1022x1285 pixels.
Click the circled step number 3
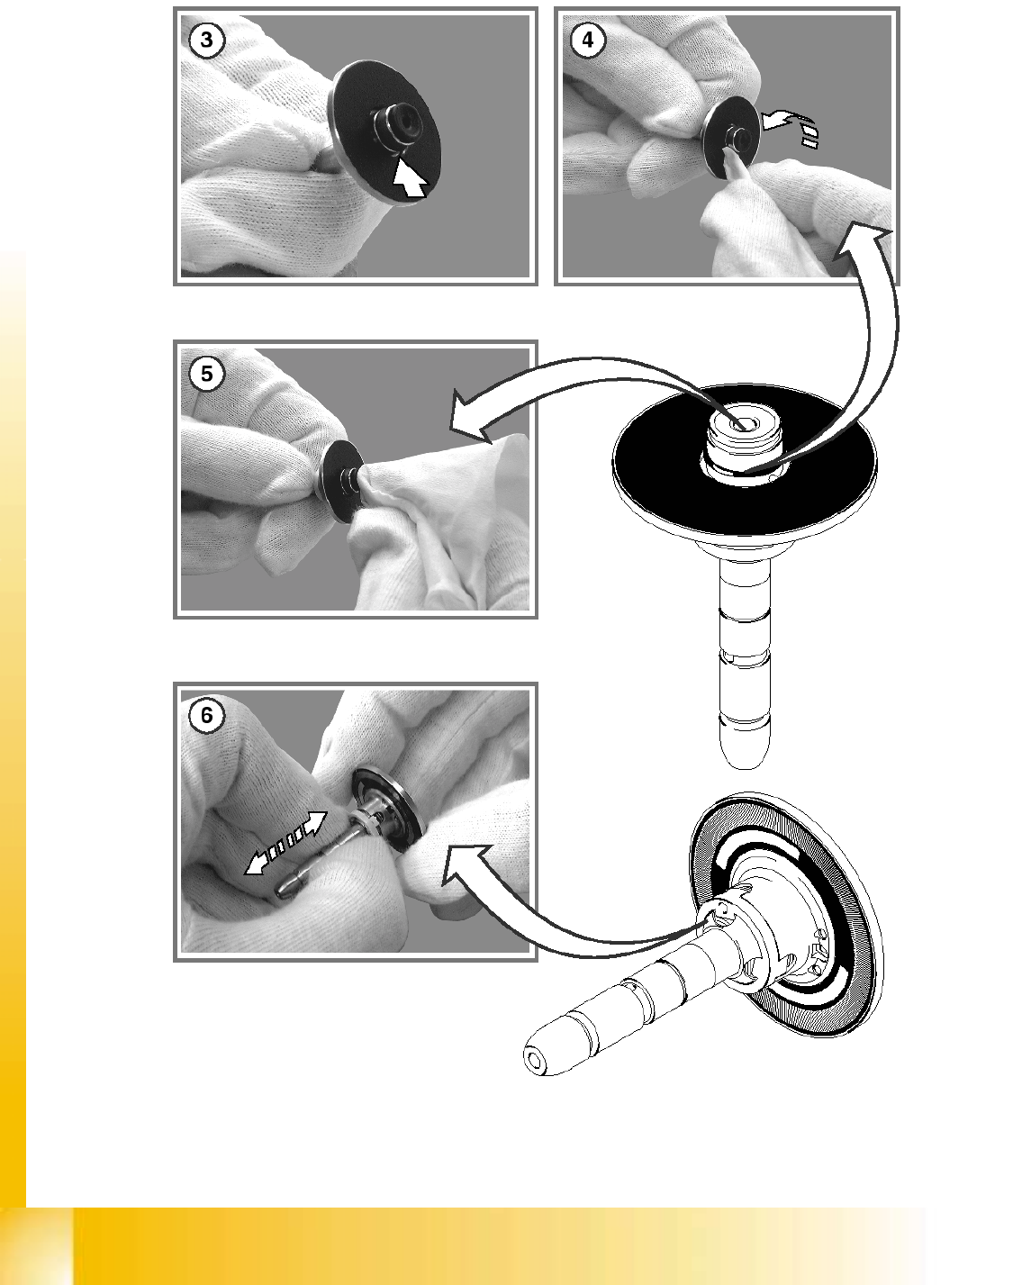click(206, 40)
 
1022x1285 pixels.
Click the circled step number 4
click(587, 40)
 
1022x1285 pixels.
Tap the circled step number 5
click(206, 373)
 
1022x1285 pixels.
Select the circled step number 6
click(206, 714)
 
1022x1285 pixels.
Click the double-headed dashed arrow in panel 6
click(285, 842)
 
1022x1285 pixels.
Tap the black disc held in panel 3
click(384, 132)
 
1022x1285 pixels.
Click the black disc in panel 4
click(731, 137)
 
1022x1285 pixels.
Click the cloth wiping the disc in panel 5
click(445, 517)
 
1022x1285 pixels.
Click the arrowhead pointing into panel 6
click(463, 864)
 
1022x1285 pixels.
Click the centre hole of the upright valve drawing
click(743, 424)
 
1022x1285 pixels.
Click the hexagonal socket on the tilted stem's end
click(535, 1060)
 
